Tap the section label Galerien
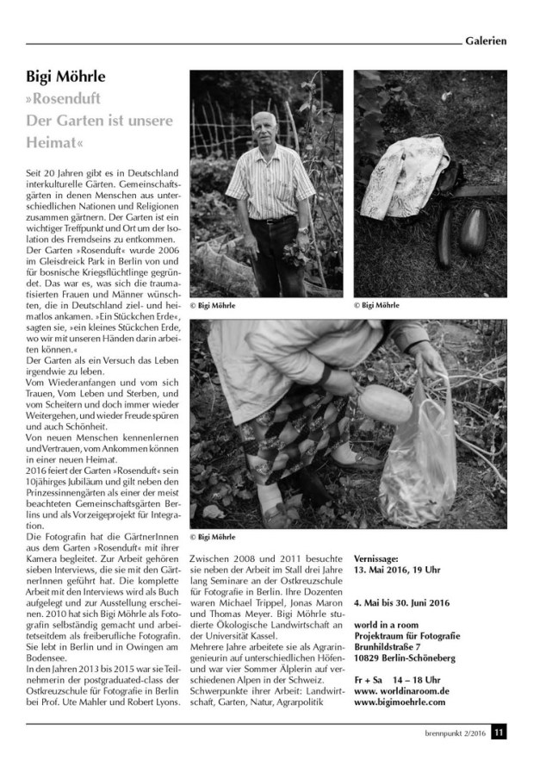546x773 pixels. (x=484, y=40)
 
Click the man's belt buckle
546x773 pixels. (x=274, y=221)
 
